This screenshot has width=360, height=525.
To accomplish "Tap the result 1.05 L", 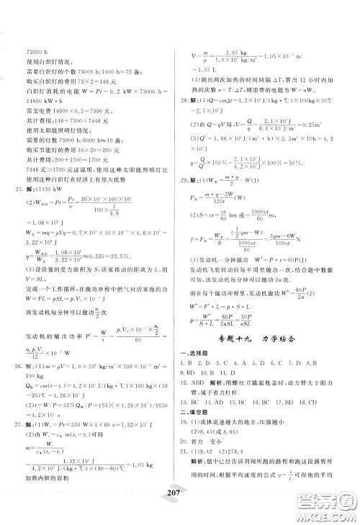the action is [203, 89].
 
